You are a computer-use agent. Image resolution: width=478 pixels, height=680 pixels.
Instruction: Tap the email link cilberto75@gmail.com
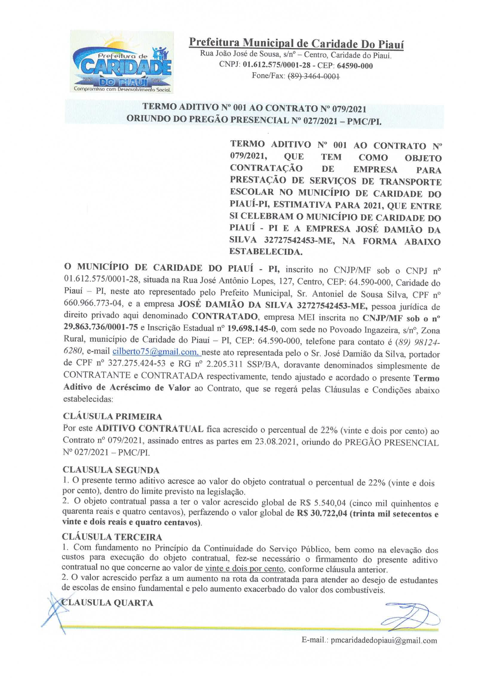[157, 352]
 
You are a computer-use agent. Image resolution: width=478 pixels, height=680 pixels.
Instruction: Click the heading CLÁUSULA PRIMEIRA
[112, 416]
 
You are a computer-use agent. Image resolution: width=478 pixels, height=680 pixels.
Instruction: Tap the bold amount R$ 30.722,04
[321, 514]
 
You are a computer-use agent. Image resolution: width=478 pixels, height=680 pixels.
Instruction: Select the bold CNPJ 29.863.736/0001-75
[101, 327]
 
